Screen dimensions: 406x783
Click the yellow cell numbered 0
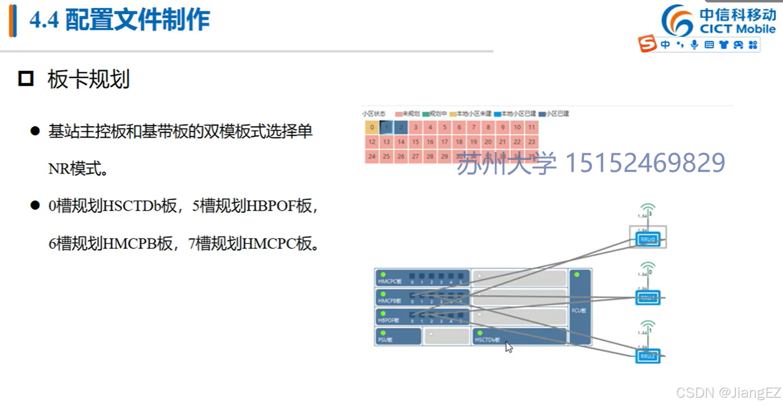pos(372,127)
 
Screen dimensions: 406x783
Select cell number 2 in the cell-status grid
pos(401,127)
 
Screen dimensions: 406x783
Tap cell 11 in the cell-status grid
pos(532,127)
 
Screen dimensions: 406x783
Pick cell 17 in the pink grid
pos(444,142)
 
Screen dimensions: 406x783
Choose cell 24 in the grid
pos(372,156)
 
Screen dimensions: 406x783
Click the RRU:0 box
pos(648,239)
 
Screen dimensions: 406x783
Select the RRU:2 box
pos(648,356)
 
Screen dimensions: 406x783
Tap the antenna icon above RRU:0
pos(648,209)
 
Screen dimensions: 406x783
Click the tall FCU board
pos(580,307)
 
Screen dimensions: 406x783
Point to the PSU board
pos(398,337)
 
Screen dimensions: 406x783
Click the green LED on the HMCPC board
pos(383,275)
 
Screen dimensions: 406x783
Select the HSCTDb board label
pos(487,340)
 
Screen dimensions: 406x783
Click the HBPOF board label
pos(388,320)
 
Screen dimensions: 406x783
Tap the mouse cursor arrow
pos(509,347)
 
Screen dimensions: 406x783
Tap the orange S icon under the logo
pos(647,44)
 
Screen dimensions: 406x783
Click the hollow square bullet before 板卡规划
pos(26,79)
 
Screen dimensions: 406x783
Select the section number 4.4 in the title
pos(44,20)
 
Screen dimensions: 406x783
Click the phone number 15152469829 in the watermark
pos(645,163)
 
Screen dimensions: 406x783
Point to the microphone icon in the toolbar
pos(694,45)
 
